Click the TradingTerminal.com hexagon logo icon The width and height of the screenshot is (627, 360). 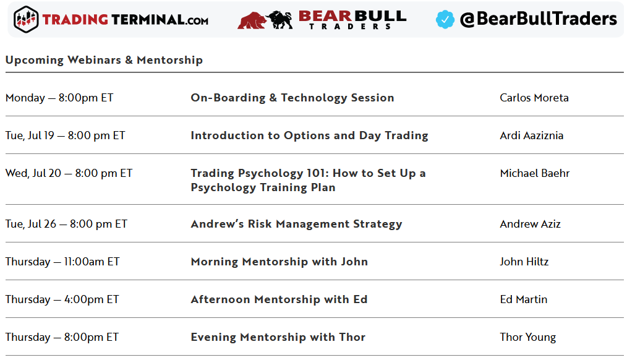point(26,19)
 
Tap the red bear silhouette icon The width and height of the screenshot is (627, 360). point(252,20)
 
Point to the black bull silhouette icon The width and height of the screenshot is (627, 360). point(280,20)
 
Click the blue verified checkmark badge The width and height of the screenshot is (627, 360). point(445,19)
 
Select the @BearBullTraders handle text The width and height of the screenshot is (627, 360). point(538,19)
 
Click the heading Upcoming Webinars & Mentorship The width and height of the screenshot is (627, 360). point(104,60)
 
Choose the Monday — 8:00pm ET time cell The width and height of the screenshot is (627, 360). point(59,98)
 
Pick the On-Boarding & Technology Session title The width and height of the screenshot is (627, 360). point(292,98)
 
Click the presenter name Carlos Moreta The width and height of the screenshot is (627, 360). point(534,98)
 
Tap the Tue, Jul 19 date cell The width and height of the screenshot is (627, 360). point(65,135)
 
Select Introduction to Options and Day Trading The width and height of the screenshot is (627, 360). point(310,135)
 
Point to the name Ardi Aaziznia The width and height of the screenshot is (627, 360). point(531,135)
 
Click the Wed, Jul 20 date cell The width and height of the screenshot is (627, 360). point(69,173)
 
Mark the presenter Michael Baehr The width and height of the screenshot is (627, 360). point(535,173)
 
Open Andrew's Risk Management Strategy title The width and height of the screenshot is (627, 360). point(296,224)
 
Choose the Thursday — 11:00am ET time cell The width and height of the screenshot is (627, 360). point(62,262)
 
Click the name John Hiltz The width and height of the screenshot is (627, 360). point(524,262)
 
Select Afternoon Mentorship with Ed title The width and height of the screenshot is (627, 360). point(279,299)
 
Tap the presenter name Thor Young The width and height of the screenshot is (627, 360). point(528,337)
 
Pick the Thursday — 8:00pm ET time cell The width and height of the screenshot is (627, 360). point(62,337)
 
